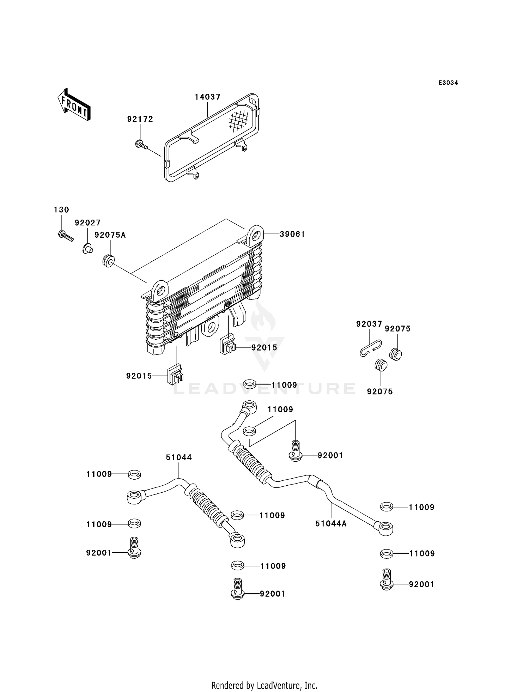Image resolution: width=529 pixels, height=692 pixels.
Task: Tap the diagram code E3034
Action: [x=448, y=83]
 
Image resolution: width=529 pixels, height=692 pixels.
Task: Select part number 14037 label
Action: [x=207, y=97]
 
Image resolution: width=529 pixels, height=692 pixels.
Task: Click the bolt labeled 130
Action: [x=65, y=235]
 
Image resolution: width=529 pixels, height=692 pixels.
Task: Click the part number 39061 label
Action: [x=292, y=234]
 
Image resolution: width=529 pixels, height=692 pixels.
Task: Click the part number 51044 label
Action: [x=179, y=457]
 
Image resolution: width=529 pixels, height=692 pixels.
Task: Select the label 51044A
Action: [x=331, y=524]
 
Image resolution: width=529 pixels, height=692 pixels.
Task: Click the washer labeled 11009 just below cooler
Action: [x=250, y=384]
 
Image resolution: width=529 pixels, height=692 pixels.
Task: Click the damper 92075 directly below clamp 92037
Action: [x=381, y=365]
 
